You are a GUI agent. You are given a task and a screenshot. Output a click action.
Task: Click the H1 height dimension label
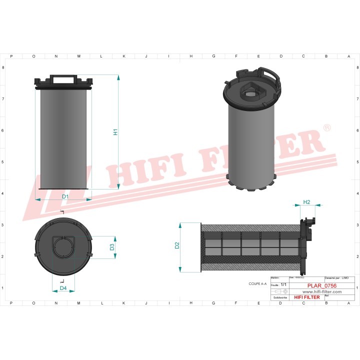pyautogui.click(x=115, y=132)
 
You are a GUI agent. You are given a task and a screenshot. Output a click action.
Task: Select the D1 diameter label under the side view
pyautogui.click(x=65, y=196)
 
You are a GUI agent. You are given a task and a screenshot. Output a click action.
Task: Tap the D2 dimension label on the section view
pyautogui.click(x=177, y=245)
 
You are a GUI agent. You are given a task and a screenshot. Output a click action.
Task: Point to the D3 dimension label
pyautogui.click(x=112, y=247)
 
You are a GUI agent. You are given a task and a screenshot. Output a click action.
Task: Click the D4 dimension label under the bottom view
pyautogui.click(x=63, y=288)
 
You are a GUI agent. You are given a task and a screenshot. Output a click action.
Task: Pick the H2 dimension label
pyautogui.click(x=307, y=202)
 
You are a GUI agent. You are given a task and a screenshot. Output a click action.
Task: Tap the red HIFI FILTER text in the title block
pyautogui.click(x=306, y=297)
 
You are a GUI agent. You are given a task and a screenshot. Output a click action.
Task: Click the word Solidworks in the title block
pyautogui.click(x=280, y=297)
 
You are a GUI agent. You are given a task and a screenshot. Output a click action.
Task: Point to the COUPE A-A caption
pyautogui.click(x=258, y=283)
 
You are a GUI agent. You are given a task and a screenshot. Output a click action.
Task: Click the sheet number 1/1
pyautogui.click(x=283, y=284)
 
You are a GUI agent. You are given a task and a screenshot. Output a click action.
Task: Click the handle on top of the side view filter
pyautogui.click(x=63, y=78)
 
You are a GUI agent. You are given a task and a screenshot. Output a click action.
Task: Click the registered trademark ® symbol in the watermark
pyautogui.click(x=326, y=128)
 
